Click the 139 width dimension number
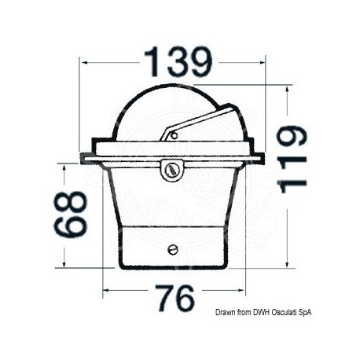(x=178, y=61)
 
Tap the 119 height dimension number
(x=292, y=160)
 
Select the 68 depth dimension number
(x=70, y=214)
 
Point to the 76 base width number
(x=175, y=298)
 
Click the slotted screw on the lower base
(x=173, y=249)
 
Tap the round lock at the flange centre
(x=172, y=170)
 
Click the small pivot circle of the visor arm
(x=173, y=135)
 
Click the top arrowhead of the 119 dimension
(x=288, y=90)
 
